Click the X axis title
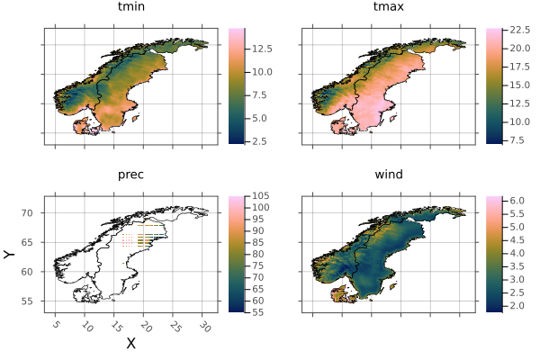[130, 343]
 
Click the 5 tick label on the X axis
[56, 323]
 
